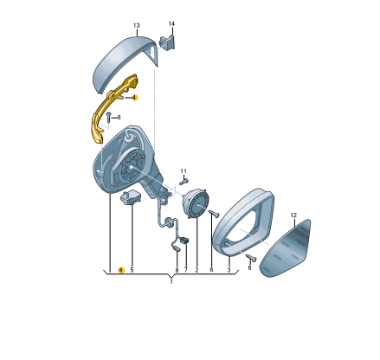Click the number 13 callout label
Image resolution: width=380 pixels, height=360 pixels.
[x=137, y=25]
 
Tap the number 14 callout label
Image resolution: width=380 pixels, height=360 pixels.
[x=171, y=23]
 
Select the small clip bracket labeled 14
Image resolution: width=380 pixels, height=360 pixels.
[x=168, y=42]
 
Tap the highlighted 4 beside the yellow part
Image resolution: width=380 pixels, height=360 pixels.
[x=134, y=98]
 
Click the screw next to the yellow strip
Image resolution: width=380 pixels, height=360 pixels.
[x=108, y=117]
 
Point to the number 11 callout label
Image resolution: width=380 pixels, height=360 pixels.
[x=184, y=171]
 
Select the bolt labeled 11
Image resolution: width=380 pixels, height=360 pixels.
[x=184, y=182]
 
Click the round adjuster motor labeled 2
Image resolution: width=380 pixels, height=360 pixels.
[x=196, y=203]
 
